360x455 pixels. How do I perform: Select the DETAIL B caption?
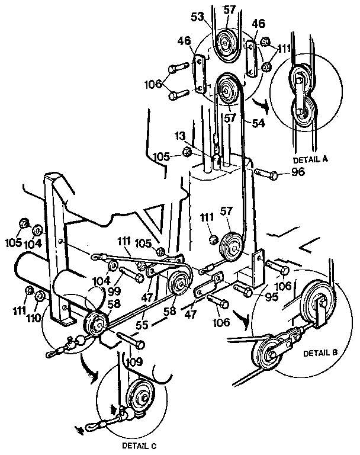[320, 352]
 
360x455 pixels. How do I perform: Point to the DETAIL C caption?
[140, 444]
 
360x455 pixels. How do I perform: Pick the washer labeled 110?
[40, 295]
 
